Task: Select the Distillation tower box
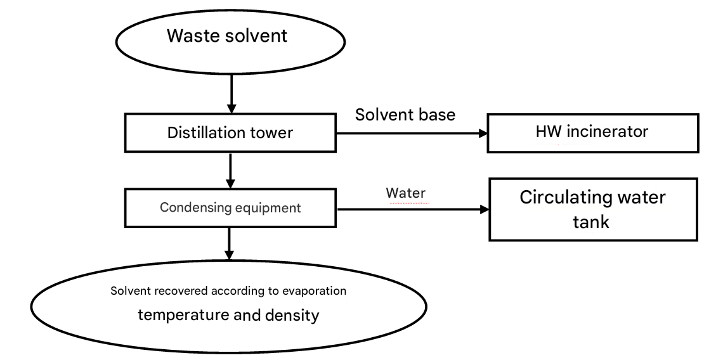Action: (230, 133)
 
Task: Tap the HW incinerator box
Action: (592, 133)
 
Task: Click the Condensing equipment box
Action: (230, 208)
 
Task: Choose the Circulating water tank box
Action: (592, 209)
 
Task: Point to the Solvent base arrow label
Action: (405, 115)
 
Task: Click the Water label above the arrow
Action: (405, 193)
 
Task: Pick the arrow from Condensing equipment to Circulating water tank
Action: (412, 209)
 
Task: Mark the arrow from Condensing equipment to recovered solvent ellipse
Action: (230, 243)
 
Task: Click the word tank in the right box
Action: (591, 222)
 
